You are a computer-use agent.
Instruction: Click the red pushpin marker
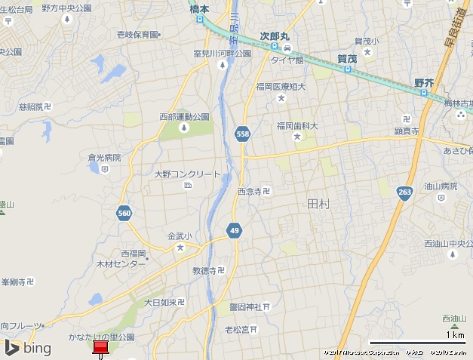(x=100, y=348)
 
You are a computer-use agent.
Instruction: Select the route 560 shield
(x=125, y=214)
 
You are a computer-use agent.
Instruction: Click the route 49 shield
(x=235, y=229)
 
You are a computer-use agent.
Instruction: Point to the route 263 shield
(x=405, y=192)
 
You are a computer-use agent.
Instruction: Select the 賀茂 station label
(x=347, y=58)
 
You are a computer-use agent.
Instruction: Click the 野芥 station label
(x=424, y=82)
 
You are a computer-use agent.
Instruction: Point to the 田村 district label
(x=319, y=204)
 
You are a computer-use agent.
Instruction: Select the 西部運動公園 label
(x=184, y=117)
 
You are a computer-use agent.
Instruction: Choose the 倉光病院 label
(x=104, y=158)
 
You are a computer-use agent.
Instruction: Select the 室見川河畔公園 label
(x=222, y=54)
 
